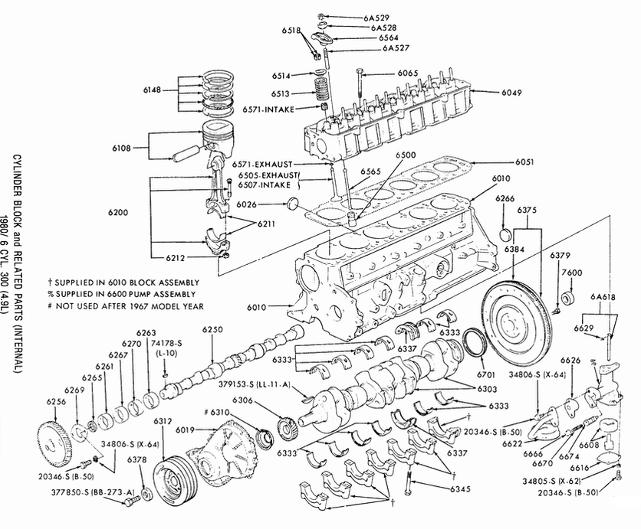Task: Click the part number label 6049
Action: tap(491, 93)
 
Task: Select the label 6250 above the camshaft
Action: tap(213, 329)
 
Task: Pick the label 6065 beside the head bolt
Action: tap(407, 73)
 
